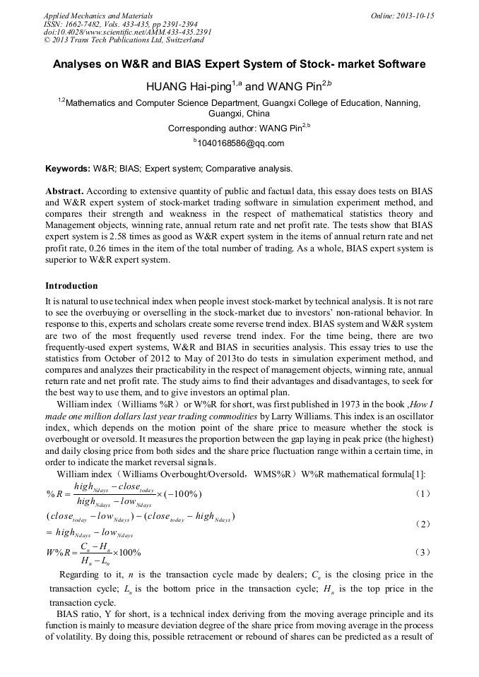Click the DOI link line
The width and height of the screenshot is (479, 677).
(127, 32)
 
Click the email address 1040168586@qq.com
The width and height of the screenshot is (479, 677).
(240, 143)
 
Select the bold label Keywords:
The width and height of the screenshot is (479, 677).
(68, 169)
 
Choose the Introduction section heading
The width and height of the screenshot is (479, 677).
(71, 286)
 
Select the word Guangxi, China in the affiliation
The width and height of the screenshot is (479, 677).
(239, 114)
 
